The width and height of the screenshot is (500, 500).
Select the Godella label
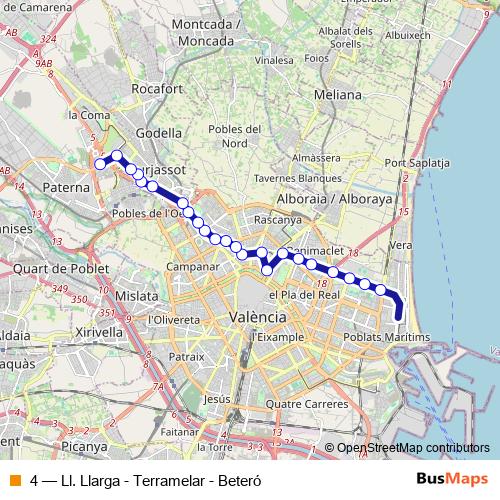[160, 132]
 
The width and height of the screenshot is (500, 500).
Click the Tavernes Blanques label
[300, 177]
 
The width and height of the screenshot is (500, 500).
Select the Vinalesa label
[271, 60]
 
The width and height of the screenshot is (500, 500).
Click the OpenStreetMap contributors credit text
[413, 448]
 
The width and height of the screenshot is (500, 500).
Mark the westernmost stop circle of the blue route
[100, 164]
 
